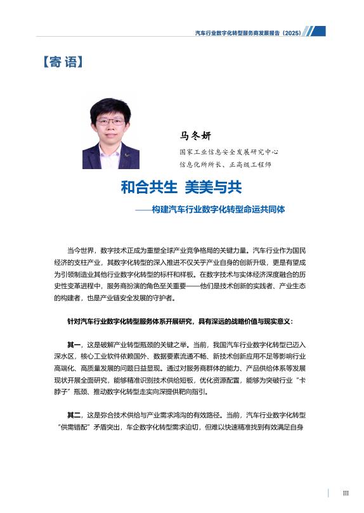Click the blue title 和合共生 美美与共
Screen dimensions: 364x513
181,187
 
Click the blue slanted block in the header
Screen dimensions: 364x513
316,31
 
